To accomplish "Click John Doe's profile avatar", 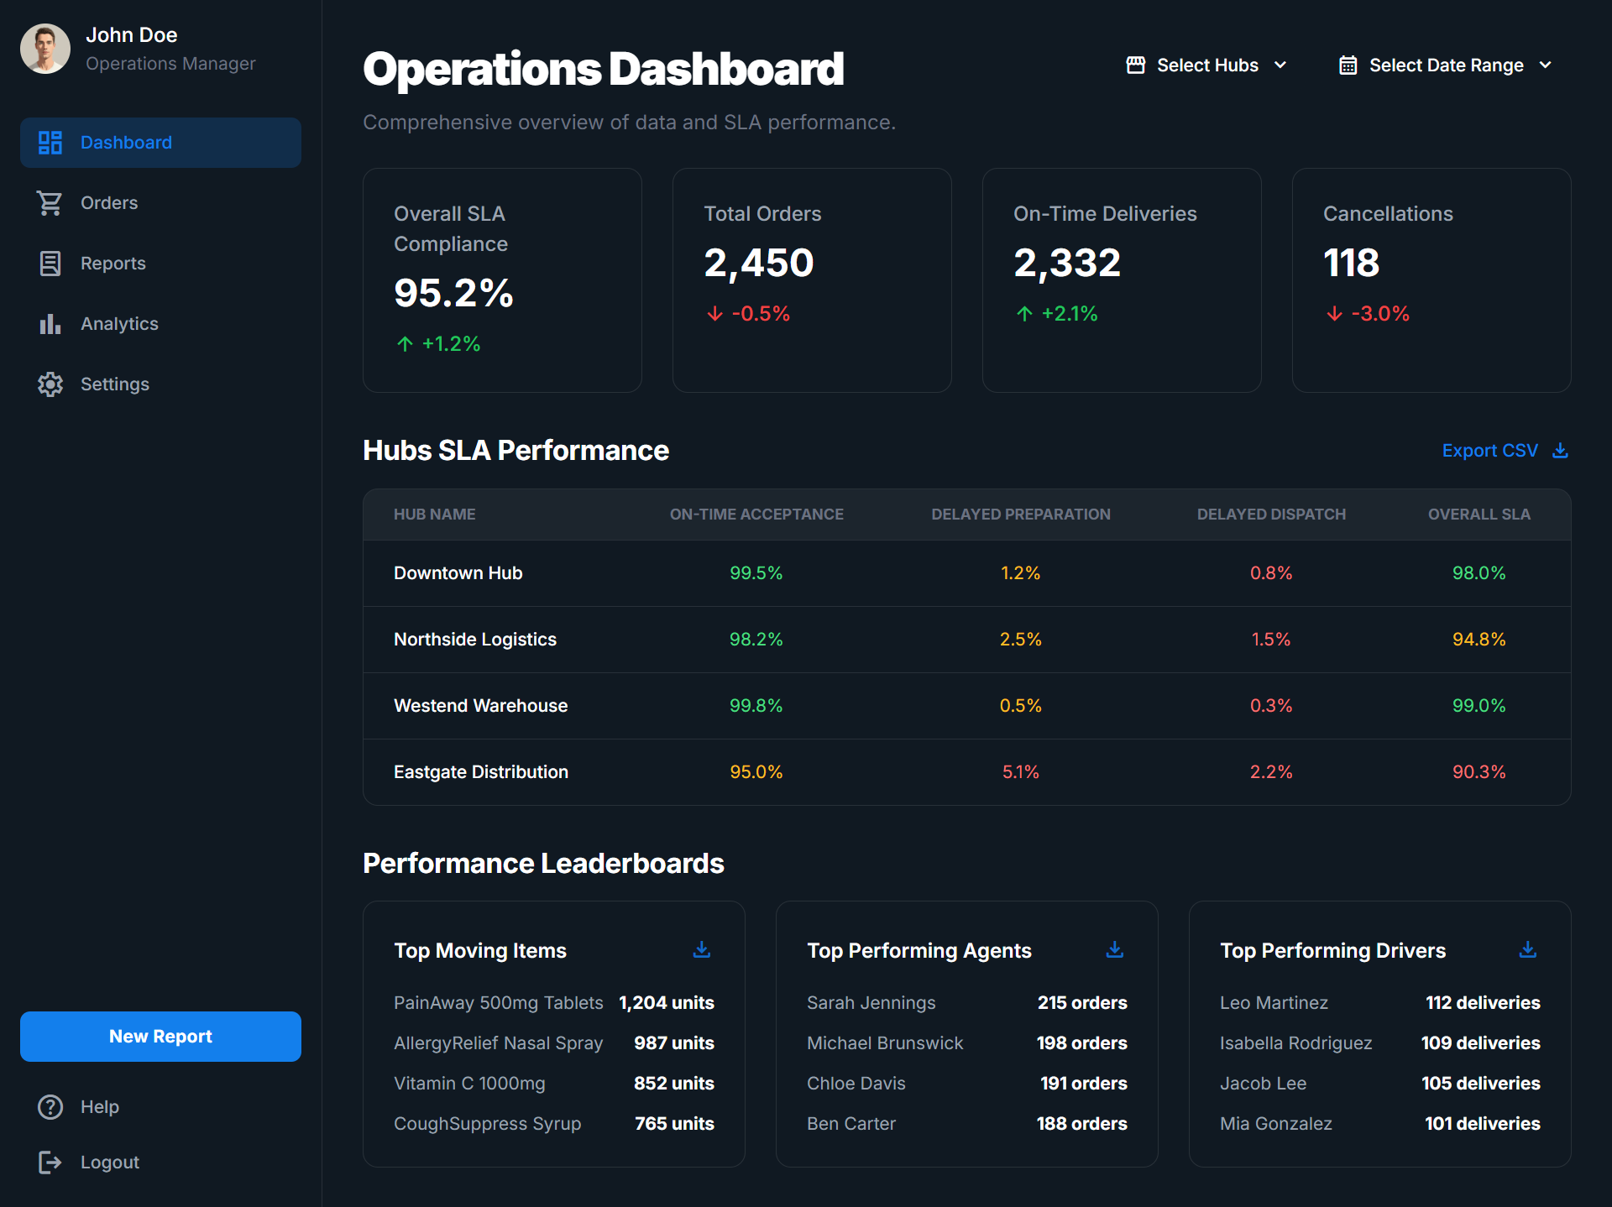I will click(45, 49).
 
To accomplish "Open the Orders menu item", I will click(108, 203).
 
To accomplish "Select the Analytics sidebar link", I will click(118, 324).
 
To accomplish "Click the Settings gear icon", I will click(50, 384).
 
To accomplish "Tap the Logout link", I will click(109, 1163).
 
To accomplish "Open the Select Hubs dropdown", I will click(1206, 65).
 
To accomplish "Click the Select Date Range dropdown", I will click(1445, 65).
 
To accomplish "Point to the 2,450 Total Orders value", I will click(758, 263).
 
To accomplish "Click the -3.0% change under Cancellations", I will click(1379, 314).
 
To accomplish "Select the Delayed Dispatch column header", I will click(1270, 515).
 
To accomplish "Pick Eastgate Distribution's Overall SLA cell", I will click(1479, 772).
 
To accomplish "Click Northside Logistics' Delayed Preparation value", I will click(1020, 640).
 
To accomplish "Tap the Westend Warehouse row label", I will click(480, 706).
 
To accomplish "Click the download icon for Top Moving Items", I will click(702, 949).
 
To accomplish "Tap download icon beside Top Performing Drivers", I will click(1528, 949).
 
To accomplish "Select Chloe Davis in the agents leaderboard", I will click(856, 1084).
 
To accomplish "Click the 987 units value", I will click(673, 1043).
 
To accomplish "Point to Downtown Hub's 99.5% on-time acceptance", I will click(756, 573).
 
